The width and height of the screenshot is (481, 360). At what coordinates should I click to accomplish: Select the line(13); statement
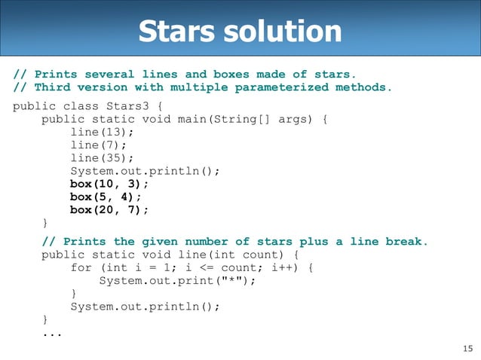point(99,131)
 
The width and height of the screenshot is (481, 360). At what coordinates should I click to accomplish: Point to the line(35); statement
point(99,158)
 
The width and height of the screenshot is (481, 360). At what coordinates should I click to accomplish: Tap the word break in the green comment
point(406,242)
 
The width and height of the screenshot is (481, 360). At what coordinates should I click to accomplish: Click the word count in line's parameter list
point(261,255)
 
